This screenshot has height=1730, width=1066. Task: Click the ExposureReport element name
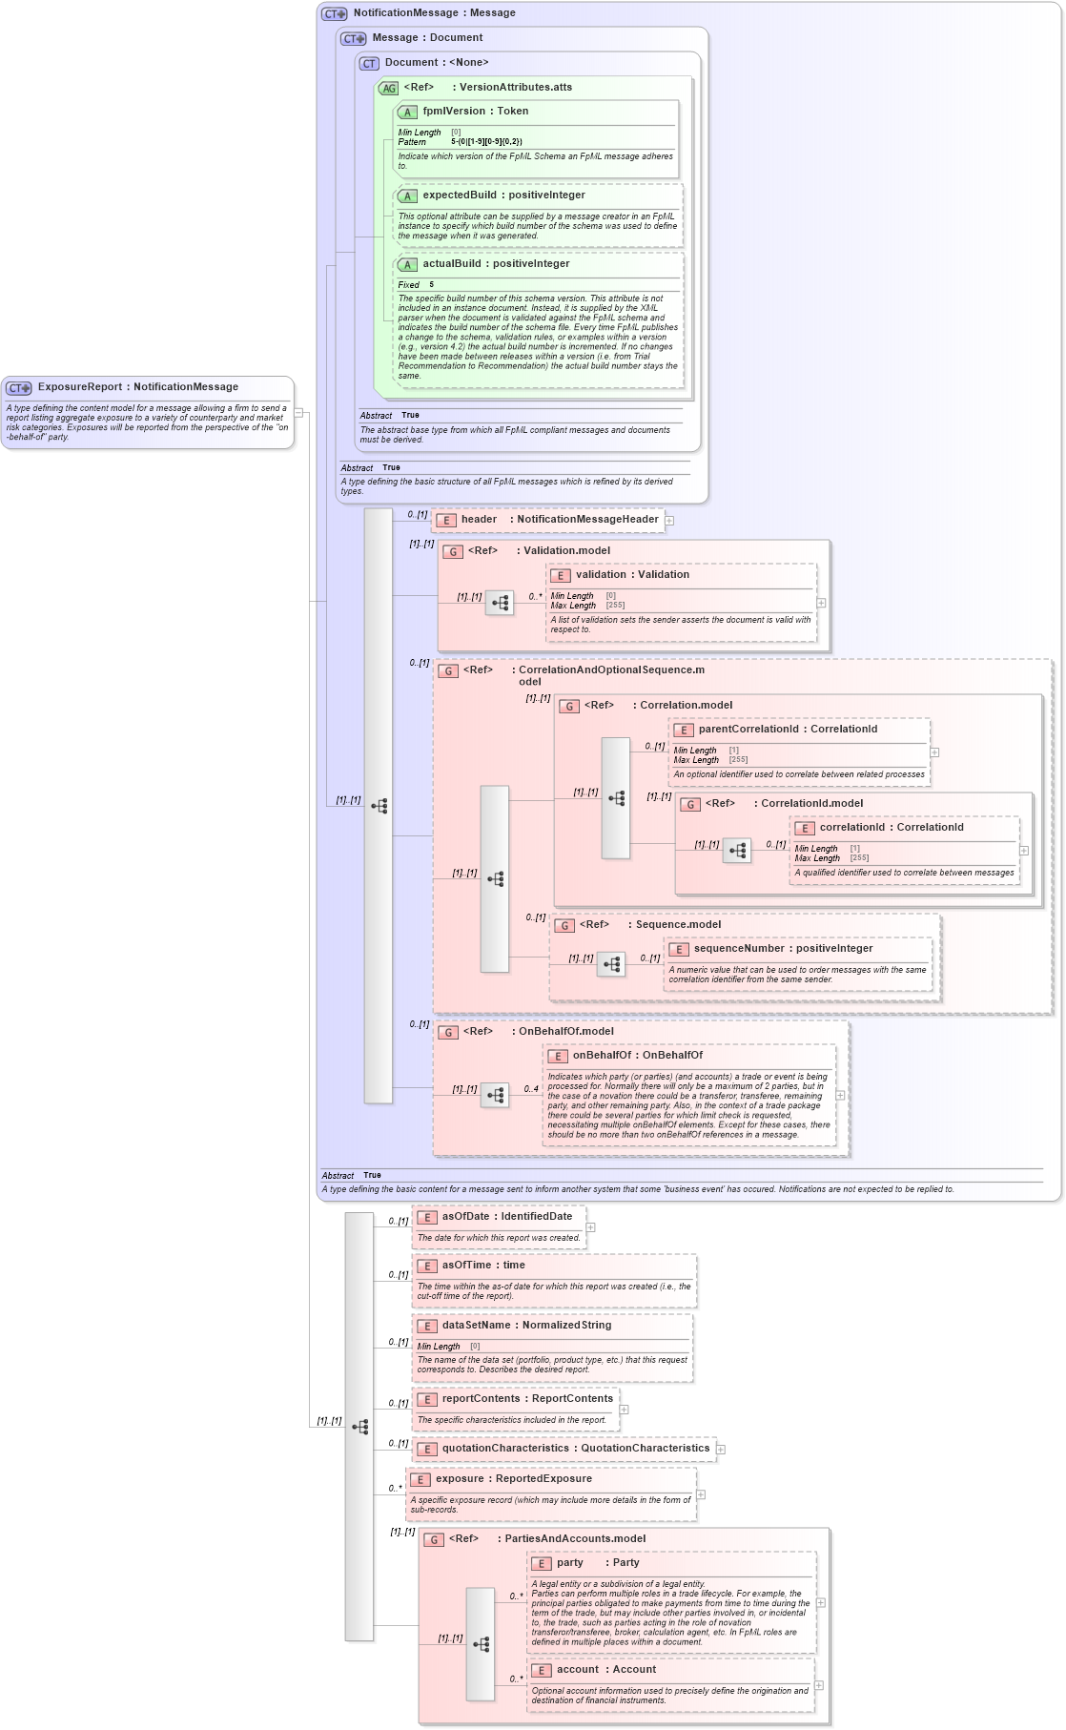(x=80, y=387)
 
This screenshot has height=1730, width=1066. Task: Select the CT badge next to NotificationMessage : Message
(x=334, y=13)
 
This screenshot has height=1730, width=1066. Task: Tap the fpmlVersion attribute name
(x=454, y=112)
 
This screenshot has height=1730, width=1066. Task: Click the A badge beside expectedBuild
(x=407, y=196)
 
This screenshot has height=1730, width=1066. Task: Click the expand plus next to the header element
(x=669, y=521)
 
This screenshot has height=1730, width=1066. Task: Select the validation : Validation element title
(x=631, y=575)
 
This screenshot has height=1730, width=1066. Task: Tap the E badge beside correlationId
(x=805, y=828)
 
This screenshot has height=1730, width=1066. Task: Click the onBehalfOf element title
(x=601, y=1056)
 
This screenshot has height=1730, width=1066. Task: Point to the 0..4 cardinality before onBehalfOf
(x=531, y=1089)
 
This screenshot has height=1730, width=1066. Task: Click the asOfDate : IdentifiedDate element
(x=506, y=1217)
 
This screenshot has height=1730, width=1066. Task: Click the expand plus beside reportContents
(x=624, y=1410)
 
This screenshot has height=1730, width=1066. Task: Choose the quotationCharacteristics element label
(x=504, y=1449)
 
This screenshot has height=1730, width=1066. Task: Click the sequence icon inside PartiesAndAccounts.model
(x=481, y=1644)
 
